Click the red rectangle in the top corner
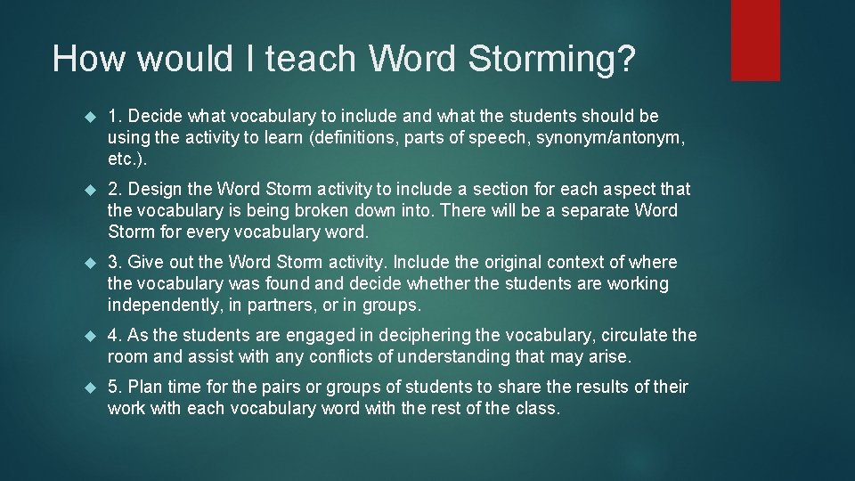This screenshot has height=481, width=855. coord(755,40)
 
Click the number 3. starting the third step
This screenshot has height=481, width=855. coord(115,263)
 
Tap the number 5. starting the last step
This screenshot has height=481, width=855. coord(115,387)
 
